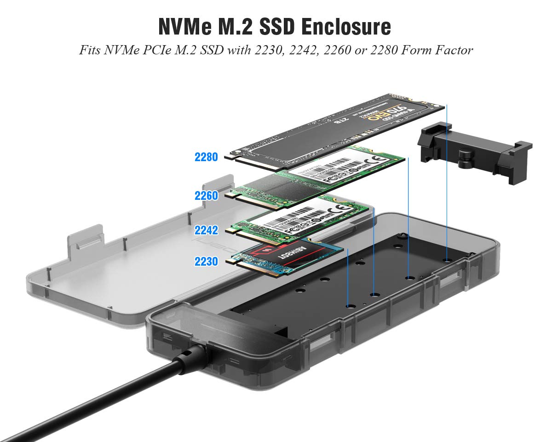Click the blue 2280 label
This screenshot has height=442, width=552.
click(206, 157)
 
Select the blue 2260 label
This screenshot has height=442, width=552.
click(206, 196)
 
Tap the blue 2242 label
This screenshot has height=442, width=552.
click(206, 230)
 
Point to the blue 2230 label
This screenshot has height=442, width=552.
click(206, 262)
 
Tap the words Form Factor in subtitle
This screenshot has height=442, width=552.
click(437, 50)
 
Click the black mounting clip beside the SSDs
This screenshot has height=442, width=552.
click(474, 152)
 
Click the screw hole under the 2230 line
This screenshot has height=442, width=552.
click(349, 306)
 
